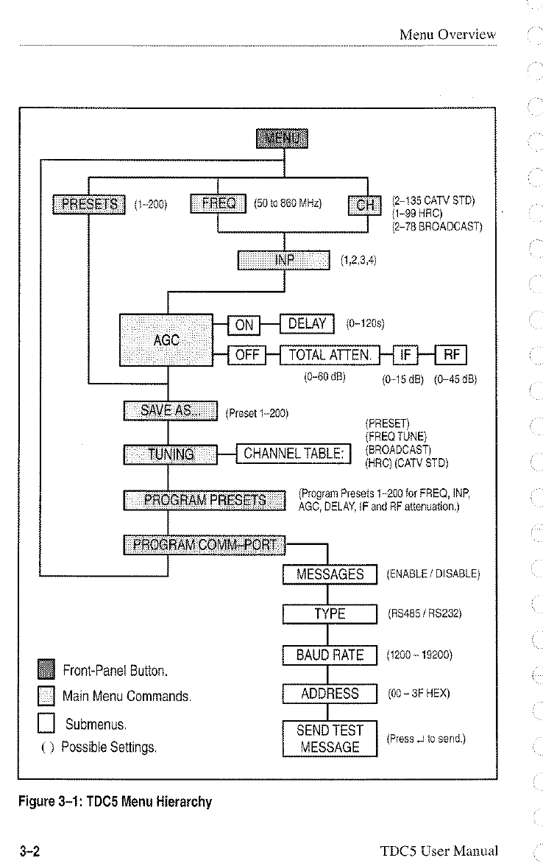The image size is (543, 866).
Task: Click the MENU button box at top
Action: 283,138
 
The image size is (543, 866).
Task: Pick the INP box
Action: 283,260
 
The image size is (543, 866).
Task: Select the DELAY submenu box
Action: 308,324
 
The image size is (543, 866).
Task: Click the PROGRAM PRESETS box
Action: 205,501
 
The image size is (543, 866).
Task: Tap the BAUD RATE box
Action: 330,655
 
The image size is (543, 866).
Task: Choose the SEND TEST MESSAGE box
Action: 330,739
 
